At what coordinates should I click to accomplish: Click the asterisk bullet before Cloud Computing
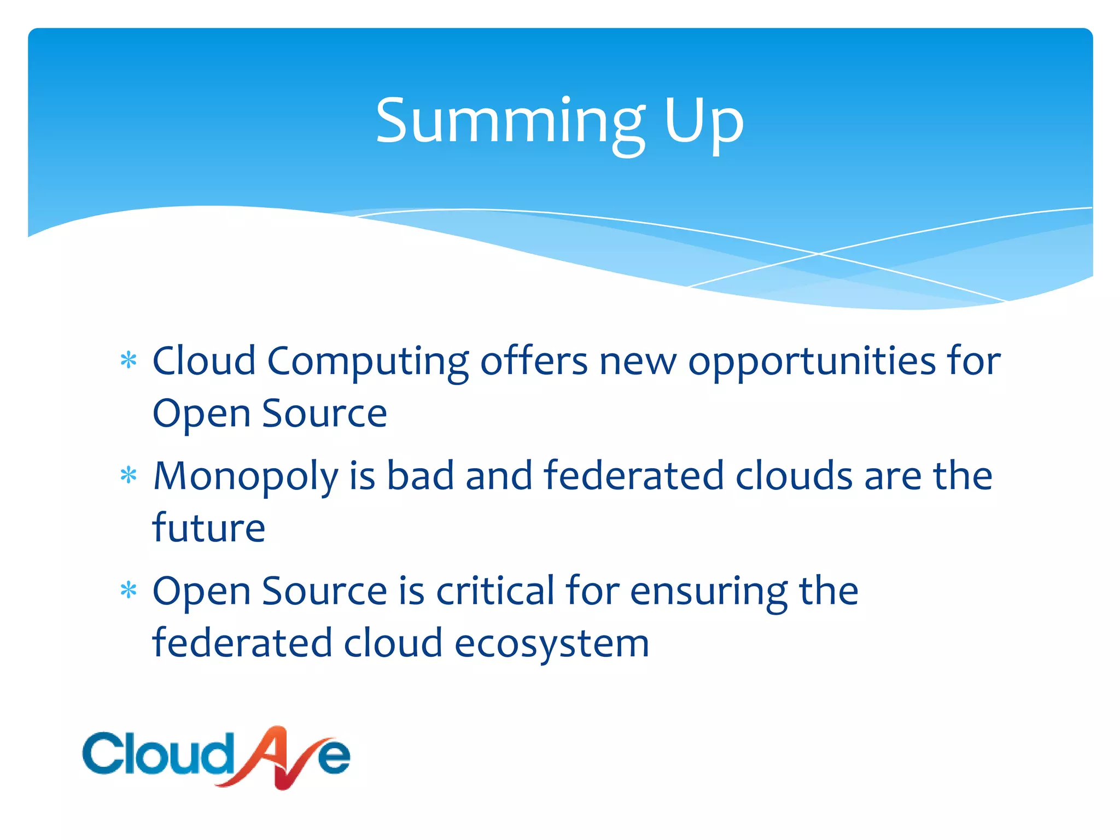[x=129, y=360]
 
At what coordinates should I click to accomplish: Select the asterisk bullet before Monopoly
[x=129, y=475]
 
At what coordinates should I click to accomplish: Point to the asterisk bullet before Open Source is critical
[x=129, y=591]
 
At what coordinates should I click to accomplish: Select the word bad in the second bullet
[x=421, y=475]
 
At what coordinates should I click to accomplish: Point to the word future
[x=209, y=528]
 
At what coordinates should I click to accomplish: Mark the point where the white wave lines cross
[x=819, y=253]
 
